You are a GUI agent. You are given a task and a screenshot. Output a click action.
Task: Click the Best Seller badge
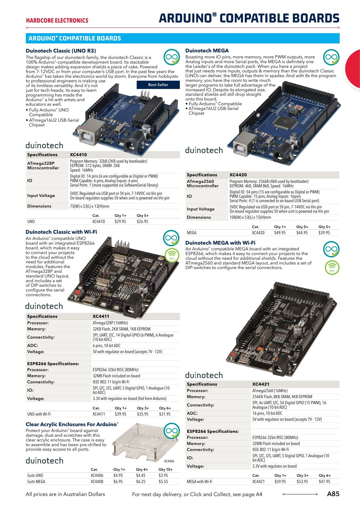point(158,85)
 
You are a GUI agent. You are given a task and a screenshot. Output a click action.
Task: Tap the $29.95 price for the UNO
point(120,222)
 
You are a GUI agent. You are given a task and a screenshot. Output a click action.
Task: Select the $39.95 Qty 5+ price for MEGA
point(324,233)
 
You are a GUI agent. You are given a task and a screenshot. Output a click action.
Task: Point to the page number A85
point(333,494)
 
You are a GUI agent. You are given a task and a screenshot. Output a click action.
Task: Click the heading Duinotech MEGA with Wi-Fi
point(220,243)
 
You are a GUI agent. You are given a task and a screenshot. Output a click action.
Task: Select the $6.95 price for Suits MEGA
point(118,481)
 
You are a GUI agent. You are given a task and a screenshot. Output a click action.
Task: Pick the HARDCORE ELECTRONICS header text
point(57,20)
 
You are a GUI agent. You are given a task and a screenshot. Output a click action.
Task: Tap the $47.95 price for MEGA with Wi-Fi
point(325,481)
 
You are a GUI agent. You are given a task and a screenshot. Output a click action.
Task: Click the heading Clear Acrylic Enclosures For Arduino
point(72,424)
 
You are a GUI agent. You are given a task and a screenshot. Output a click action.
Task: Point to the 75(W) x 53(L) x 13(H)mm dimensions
point(90,206)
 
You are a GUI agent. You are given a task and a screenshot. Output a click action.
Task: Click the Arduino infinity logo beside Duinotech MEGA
point(331,57)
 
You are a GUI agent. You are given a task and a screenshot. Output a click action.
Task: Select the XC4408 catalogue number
point(97,481)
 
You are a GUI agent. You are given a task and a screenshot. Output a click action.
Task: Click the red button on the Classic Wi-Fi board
point(77,293)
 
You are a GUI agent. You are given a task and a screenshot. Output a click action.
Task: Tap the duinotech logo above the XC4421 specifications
point(204,375)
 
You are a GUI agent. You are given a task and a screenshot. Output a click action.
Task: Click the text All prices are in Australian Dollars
point(65,494)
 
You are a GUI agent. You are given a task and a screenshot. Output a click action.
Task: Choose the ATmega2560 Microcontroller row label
point(202,184)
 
